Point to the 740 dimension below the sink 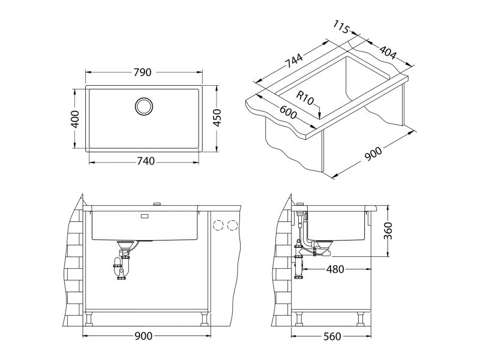point(145,161)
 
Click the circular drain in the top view point(144,106)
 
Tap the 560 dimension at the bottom point(334,337)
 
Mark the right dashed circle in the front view point(232,225)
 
